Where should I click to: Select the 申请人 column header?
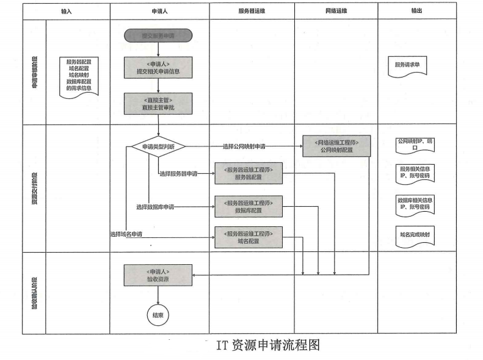[x=159, y=12]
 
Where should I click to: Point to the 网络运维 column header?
[x=336, y=12]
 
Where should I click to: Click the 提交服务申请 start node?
[x=158, y=36]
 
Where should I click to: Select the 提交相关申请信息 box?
[x=158, y=67]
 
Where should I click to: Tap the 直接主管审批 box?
[x=158, y=103]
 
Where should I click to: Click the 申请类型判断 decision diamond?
[x=159, y=146]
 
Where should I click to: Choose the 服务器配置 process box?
[x=248, y=174]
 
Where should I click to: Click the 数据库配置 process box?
[x=248, y=206]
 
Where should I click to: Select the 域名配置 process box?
[x=248, y=237]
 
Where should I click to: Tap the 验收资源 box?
[x=158, y=275]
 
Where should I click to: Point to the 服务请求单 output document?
[x=407, y=65]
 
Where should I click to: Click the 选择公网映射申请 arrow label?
[x=248, y=146]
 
